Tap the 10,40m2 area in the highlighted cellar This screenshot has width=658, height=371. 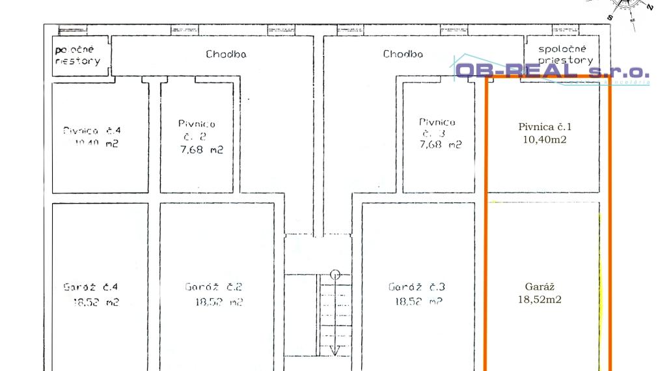tap(543, 139)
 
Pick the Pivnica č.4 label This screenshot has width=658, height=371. tap(92, 130)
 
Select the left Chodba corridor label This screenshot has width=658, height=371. tap(226, 54)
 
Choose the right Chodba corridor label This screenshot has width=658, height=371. tap(403, 54)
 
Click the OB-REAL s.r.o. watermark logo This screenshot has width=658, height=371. tap(552, 72)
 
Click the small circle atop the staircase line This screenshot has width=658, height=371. tap(335, 274)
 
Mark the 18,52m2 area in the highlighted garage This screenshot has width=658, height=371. tap(540, 299)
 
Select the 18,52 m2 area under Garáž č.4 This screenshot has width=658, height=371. tap(96, 302)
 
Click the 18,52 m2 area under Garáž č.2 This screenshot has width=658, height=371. tap(219, 302)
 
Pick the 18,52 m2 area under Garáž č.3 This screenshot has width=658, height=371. tap(419, 302)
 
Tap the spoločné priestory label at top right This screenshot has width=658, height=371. tap(562, 54)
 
